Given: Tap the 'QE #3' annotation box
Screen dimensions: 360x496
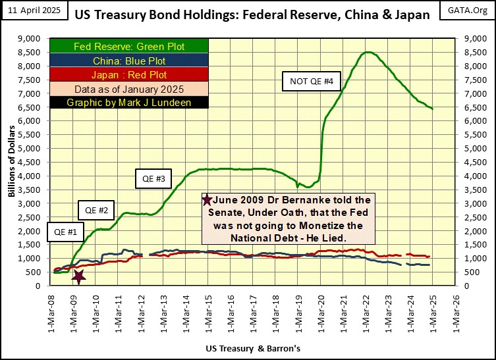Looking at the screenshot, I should click(153, 178).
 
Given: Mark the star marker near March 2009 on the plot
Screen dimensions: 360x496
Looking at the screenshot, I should click(79, 276).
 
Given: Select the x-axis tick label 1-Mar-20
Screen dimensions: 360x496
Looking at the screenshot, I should click(321, 314).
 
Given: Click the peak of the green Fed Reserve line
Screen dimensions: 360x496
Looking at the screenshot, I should click(368, 53).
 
